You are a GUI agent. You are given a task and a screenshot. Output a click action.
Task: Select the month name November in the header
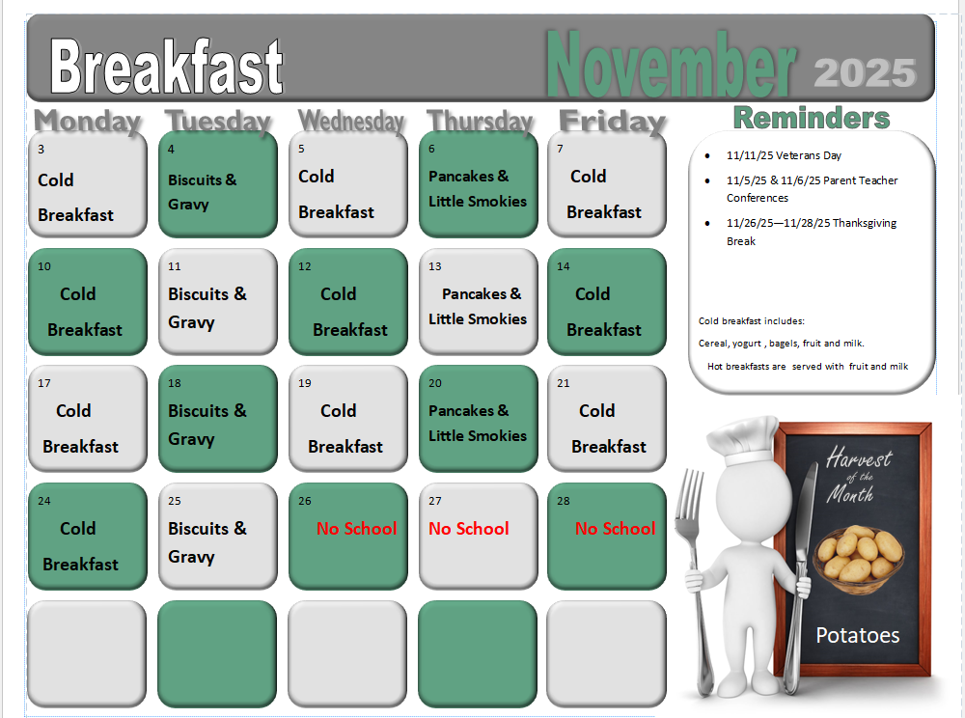671,66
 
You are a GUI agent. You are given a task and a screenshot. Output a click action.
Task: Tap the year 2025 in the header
865,73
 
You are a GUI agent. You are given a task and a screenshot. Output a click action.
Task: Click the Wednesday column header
351,122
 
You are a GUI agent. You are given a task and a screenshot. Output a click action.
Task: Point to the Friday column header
612,123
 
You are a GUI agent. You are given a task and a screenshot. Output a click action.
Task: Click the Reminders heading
811,118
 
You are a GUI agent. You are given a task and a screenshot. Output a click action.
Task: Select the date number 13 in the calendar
435,266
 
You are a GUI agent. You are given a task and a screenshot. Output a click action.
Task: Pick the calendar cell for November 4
217,184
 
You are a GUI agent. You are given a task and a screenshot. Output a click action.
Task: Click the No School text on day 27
469,529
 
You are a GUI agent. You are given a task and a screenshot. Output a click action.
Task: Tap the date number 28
564,501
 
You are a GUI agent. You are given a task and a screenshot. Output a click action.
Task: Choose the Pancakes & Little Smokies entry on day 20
478,423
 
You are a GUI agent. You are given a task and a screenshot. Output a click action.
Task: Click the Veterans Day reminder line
784,155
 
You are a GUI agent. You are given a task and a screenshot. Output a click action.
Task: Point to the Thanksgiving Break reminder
811,232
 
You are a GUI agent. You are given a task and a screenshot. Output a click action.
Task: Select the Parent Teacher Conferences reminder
812,189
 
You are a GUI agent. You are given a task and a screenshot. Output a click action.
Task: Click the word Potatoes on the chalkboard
857,635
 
